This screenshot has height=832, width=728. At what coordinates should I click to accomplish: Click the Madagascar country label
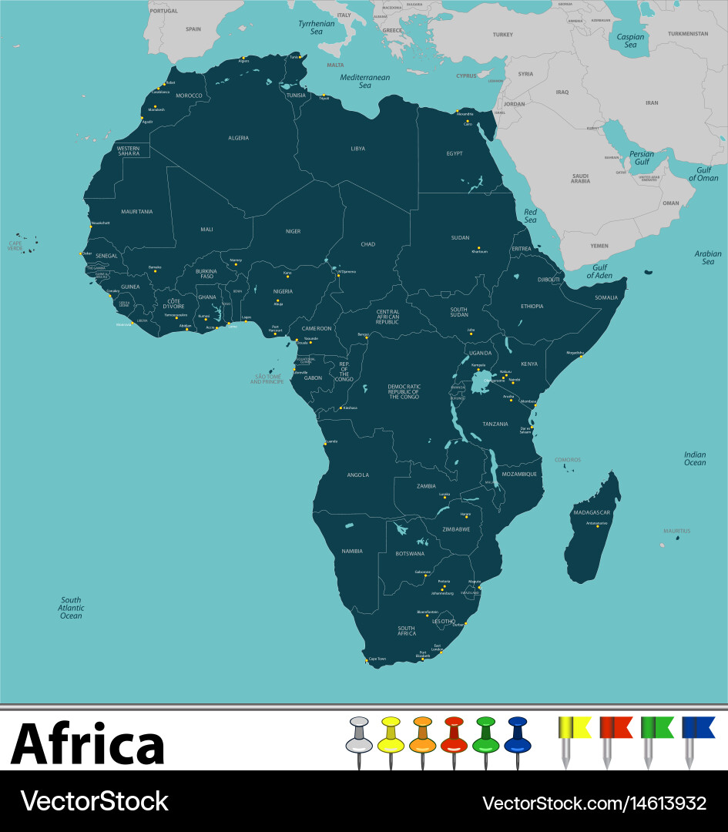coord(591,512)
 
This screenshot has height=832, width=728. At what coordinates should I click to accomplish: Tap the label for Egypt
coord(455,153)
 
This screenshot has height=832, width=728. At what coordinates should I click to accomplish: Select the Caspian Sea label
coord(630,40)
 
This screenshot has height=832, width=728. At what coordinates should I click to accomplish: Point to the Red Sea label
coord(530,216)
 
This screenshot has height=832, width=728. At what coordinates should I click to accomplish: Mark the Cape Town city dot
coord(366,660)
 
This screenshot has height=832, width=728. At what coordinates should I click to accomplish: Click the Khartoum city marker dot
coord(478,248)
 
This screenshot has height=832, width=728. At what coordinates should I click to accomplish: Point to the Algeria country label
coord(238,138)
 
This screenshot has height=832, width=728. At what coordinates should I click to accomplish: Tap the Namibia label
coord(352,551)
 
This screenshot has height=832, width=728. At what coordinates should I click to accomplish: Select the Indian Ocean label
coord(694,458)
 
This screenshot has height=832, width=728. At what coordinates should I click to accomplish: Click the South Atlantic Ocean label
coord(71,608)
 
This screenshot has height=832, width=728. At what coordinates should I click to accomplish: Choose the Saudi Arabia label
coord(580,178)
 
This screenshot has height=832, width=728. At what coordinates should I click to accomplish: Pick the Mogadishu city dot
coord(581,356)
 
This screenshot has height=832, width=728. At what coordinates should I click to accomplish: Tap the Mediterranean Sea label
coord(365,81)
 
